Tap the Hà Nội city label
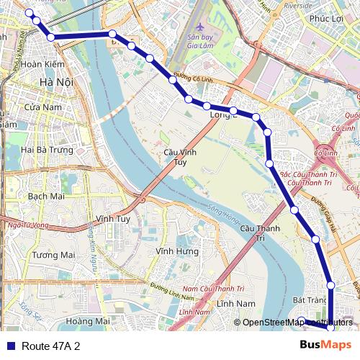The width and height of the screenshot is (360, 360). (x=57, y=83)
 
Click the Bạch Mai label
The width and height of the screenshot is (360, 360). (x=46, y=196)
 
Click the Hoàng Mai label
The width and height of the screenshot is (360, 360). (x=87, y=320)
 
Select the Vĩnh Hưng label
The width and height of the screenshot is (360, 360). (x=176, y=251)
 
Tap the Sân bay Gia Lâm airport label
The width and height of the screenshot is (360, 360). (x=202, y=40)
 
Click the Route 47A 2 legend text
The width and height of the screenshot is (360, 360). (x=51, y=346)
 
